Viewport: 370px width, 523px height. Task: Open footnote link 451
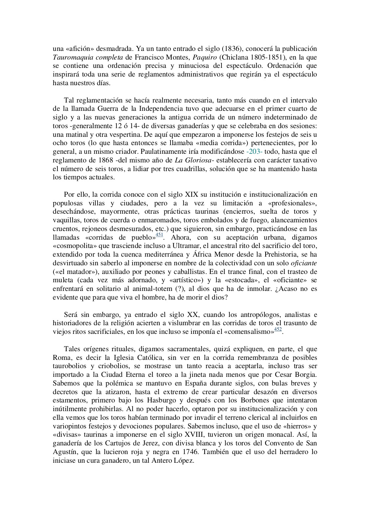(x=159, y=235)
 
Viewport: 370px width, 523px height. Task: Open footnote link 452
(x=278, y=329)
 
